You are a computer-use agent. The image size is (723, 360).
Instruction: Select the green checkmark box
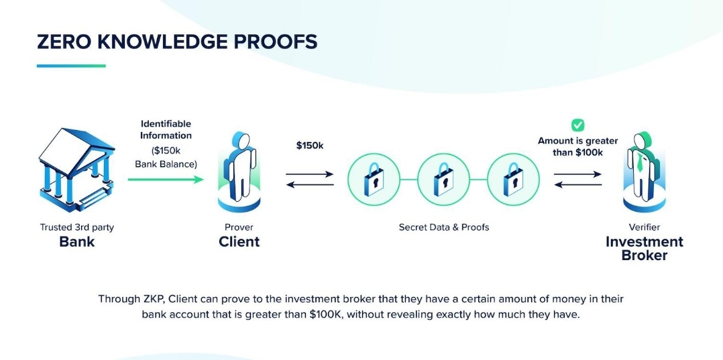[577, 125]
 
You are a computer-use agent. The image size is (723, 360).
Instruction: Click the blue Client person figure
[239, 170]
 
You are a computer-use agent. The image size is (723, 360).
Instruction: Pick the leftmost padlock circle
[374, 179]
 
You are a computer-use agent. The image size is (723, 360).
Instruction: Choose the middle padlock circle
[443, 179]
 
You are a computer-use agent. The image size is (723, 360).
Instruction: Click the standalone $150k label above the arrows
[310, 145]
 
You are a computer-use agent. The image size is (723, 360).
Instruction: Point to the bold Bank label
[77, 242]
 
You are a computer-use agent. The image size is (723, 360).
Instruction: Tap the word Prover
[239, 227]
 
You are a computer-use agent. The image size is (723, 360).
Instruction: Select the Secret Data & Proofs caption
[444, 227]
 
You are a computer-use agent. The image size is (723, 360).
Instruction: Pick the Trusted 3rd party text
[77, 227]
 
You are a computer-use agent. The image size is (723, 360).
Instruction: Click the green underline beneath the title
[71, 66]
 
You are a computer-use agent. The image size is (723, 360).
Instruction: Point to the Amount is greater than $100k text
[578, 146]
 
